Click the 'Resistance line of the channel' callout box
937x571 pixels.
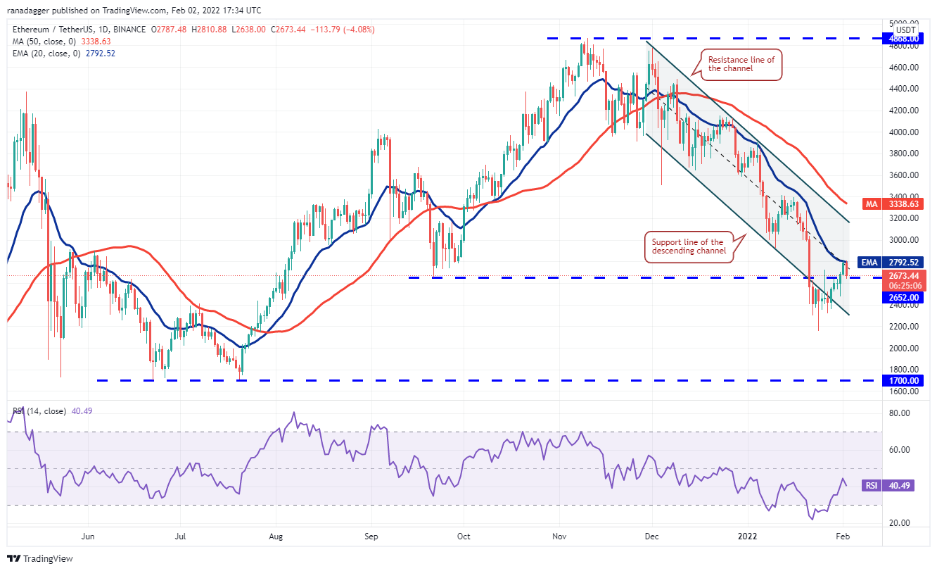741,64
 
